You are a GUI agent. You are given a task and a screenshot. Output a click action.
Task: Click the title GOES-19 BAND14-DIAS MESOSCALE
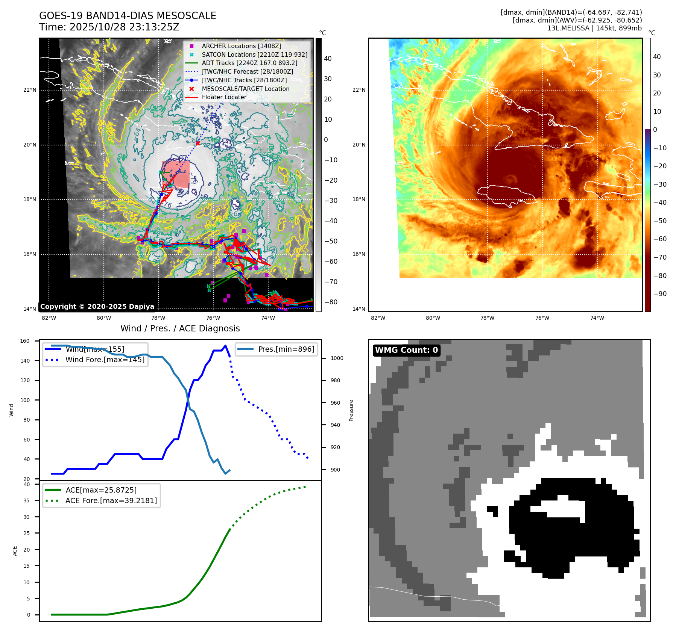pyautogui.click(x=128, y=16)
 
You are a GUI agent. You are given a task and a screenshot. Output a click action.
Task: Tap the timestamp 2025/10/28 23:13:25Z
pyautogui.click(x=125, y=27)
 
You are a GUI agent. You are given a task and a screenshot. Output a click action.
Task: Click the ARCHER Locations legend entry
pyautogui.click(x=241, y=46)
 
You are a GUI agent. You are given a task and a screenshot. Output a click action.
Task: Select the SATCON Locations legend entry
pyautogui.click(x=254, y=54)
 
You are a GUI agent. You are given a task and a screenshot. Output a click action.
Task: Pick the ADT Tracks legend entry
pyautogui.click(x=249, y=63)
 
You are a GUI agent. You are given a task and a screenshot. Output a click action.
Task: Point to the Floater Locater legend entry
pyautogui.click(x=224, y=97)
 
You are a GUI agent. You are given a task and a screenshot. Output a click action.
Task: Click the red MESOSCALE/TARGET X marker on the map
pyautogui.click(x=198, y=143)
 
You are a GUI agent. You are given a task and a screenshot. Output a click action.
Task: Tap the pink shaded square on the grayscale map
pyautogui.click(x=176, y=174)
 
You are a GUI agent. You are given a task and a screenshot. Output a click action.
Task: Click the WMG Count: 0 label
pyautogui.click(x=406, y=350)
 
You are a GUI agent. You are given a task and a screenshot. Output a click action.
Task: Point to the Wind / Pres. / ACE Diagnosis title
pyautogui.click(x=180, y=328)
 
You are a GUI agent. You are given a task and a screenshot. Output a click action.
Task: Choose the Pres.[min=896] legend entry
pyautogui.click(x=286, y=349)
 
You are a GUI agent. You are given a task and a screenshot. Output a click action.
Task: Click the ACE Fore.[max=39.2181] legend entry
pyautogui.click(x=111, y=500)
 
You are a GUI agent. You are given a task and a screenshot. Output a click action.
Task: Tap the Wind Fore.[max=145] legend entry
pyautogui.click(x=105, y=360)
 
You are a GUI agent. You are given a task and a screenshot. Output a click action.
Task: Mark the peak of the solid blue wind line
pyautogui.click(x=225, y=346)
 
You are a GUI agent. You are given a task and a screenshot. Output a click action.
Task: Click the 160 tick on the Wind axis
pyautogui.click(x=25, y=341)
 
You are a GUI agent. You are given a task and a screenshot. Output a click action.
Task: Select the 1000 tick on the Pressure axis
pyautogui.click(x=337, y=358)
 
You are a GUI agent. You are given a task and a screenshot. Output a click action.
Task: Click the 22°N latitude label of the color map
pyautogui.click(x=359, y=90)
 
